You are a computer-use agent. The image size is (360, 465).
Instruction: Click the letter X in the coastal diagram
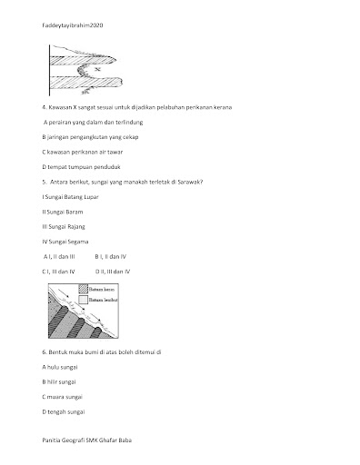[97, 70]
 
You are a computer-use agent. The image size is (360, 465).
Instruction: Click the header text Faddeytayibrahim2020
[73, 25]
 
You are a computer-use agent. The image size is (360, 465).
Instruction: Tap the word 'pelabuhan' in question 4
[170, 107]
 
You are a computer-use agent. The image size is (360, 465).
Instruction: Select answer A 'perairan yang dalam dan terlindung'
[94, 123]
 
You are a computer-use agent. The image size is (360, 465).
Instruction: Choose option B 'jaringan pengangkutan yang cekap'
[90, 137]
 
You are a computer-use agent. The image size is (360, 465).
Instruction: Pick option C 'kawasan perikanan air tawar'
[83, 152]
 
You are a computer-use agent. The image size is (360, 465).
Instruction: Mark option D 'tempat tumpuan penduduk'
[81, 167]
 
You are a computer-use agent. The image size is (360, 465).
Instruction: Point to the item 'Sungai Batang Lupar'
[71, 197]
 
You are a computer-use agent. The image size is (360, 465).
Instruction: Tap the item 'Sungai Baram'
[63, 212]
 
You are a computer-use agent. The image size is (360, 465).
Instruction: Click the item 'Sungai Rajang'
[64, 227]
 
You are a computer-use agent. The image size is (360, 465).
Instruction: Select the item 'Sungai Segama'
[65, 242]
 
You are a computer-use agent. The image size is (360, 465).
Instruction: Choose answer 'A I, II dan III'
[59, 257]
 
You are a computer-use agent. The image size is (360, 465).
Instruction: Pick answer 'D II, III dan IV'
[113, 272]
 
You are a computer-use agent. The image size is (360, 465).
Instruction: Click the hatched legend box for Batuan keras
[83, 289]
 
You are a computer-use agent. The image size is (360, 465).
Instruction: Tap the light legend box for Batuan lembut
[83, 300]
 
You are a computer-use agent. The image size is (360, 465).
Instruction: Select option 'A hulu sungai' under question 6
[60, 367]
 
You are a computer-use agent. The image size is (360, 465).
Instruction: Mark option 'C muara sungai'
[62, 397]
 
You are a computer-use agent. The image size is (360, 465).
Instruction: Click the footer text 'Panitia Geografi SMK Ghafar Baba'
[87, 440]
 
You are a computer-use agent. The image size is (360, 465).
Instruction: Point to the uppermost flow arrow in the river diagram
[64, 292]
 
